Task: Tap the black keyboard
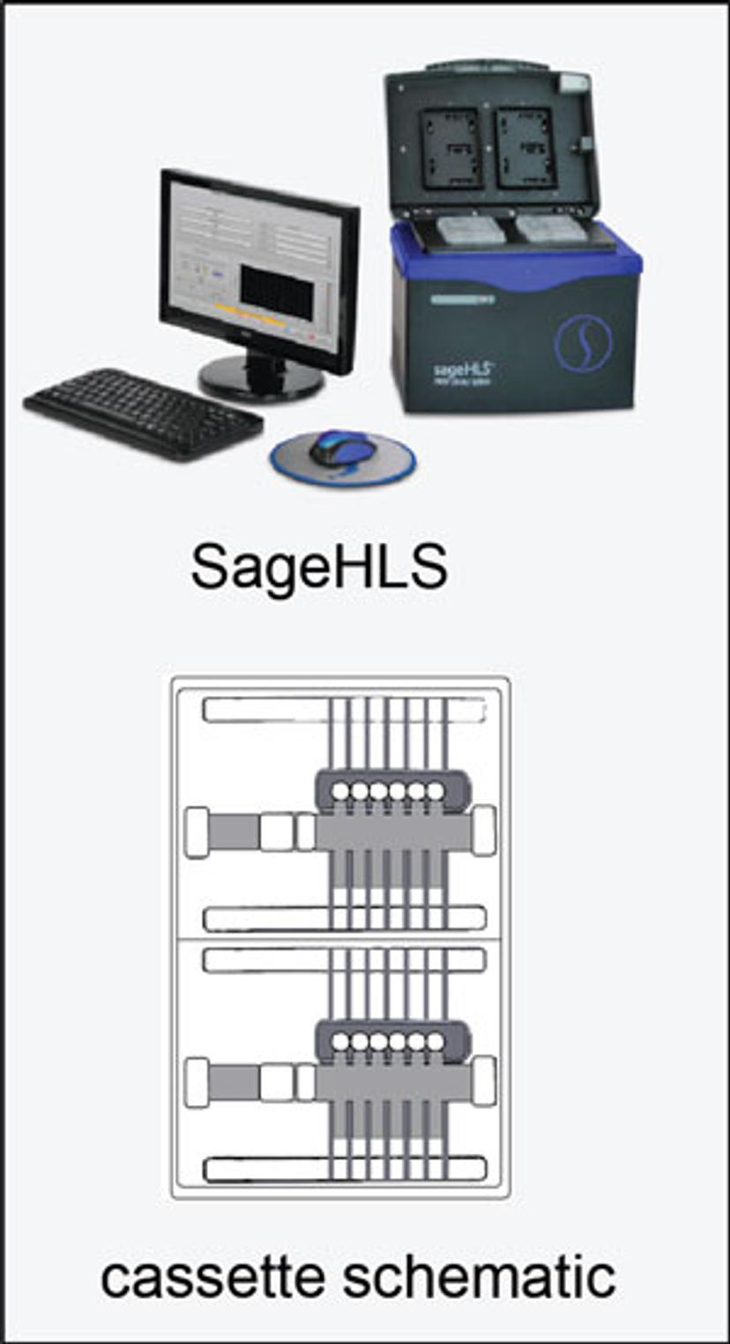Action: coord(143,412)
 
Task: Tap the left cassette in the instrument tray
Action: coord(469,231)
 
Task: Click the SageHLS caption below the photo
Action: coord(319,568)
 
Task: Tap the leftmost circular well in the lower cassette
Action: coord(339,1042)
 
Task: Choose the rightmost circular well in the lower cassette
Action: coord(435,1042)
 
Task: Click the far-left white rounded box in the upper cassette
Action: coord(196,833)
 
